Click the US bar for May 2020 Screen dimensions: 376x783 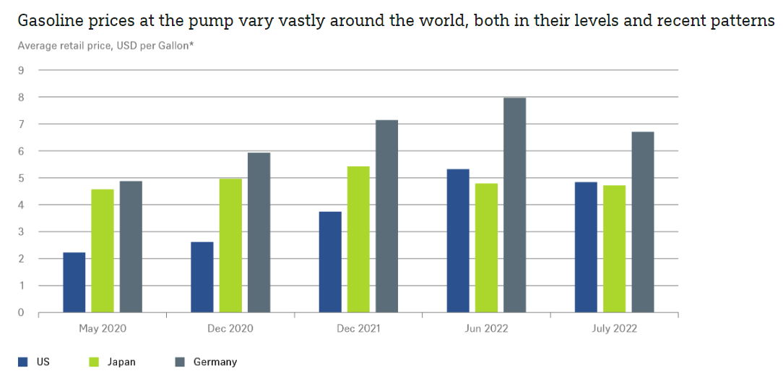[74, 283]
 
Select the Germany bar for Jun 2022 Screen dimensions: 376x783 [514, 205]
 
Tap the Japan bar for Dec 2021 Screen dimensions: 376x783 [358, 239]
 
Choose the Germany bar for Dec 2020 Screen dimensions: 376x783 [259, 233]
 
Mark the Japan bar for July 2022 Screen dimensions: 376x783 [615, 249]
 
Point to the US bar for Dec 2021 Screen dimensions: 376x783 [330, 262]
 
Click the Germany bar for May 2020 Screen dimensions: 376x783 [131, 247]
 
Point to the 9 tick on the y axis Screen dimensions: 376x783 [21, 70]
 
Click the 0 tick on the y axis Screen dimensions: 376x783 [21, 312]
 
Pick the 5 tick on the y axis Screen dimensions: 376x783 [21, 178]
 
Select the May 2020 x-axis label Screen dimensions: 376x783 [103, 328]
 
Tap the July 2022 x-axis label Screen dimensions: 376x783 [614, 328]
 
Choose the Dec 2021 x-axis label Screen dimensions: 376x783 [358, 328]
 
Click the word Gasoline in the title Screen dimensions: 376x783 [49, 20]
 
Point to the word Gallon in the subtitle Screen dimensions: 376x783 [169, 46]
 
